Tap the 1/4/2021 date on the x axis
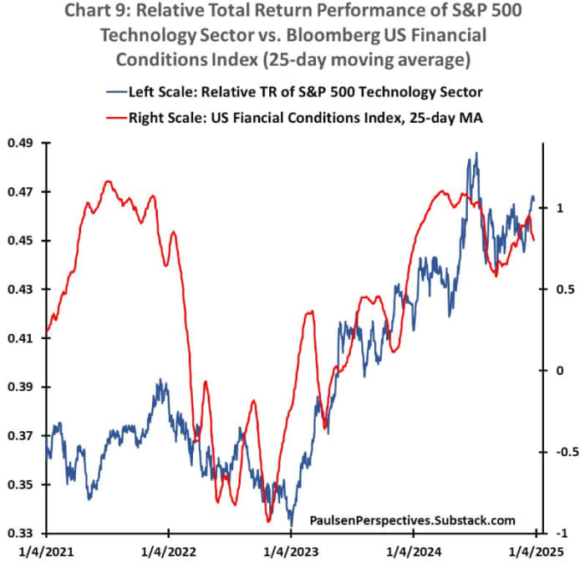click(46, 552)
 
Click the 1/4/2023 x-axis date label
click(292, 552)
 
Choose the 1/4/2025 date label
click(537, 552)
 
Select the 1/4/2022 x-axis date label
click(169, 552)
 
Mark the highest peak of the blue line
click(476, 153)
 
